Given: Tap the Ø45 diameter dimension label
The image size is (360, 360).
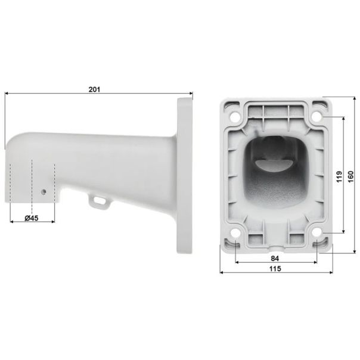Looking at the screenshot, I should (32, 218).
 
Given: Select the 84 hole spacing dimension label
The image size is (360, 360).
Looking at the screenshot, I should (275, 258).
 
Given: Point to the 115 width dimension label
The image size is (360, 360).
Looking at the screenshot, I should (275, 269).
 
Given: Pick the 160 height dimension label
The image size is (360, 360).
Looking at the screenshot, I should (350, 176).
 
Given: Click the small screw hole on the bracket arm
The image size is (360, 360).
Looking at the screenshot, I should (44, 191).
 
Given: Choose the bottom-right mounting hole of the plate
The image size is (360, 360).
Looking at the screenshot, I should (316, 234).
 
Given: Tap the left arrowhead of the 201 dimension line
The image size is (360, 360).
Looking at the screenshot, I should (7, 94).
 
